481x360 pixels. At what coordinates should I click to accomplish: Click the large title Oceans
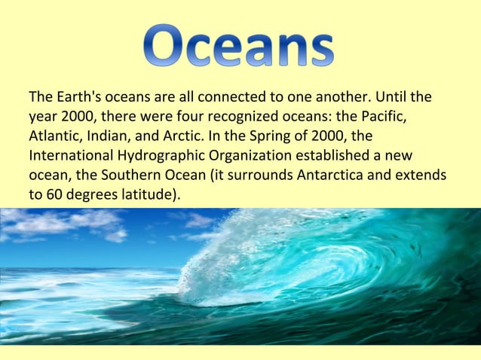pyautogui.click(x=239, y=44)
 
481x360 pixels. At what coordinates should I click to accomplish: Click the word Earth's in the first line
pyautogui.click(x=80, y=98)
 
